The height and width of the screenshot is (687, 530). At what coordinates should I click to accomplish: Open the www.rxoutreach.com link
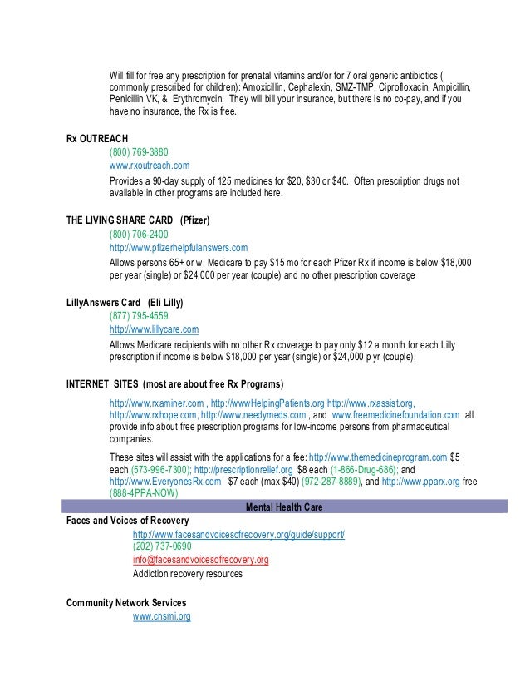click(x=150, y=166)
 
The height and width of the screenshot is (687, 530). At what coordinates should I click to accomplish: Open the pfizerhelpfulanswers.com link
click(x=179, y=248)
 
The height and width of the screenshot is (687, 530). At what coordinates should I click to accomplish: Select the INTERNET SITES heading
click(x=174, y=384)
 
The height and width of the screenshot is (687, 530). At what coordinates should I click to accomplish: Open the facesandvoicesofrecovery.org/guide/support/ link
click(x=238, y=533)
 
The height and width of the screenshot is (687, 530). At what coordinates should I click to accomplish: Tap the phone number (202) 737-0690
click(x=161, y=546)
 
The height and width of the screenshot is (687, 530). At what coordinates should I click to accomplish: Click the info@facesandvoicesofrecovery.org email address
click(x=200, y=561)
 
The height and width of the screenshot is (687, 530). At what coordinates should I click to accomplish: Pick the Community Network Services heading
click(x=126, y=601)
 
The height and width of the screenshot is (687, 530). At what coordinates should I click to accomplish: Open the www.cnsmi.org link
click(x=162, y=616)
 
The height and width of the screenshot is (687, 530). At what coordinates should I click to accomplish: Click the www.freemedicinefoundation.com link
click(x=395, y=414)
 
